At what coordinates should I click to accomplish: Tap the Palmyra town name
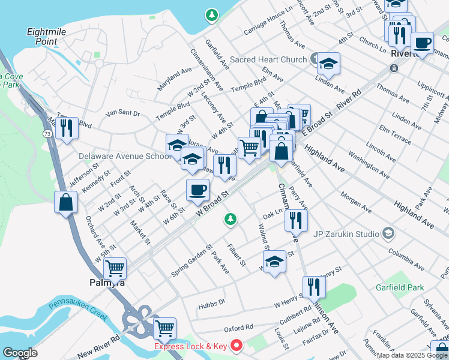click(x=107, y=283)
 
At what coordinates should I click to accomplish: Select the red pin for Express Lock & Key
click(x=237, y=345)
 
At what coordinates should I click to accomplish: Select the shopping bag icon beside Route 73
click(x=66, y=202)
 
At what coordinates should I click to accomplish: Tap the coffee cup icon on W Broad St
click(x=198, y=190)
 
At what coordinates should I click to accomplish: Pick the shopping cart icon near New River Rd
click(x=164, y=328)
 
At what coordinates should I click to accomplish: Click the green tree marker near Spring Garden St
click(x=229, y=220)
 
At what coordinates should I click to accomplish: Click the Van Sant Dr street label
click(x=122, y=113)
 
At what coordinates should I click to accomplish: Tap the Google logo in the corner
click(x=20, y=353)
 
